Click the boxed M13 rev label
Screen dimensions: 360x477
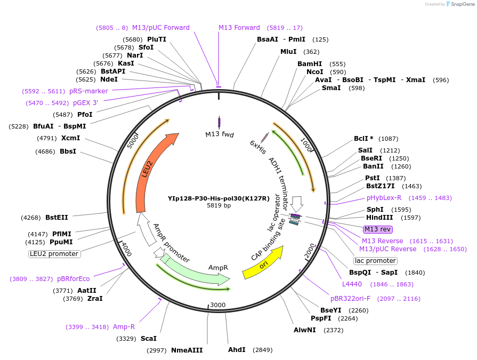pos(377,229)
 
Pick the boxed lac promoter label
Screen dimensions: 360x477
pos(376,261)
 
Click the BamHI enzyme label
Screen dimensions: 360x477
pos(310,63)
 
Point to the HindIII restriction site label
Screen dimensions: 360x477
pos(379,218)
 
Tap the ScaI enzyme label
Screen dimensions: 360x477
pos(149,338)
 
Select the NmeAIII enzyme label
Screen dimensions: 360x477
pos(187,350)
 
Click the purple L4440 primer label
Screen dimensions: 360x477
pos(352,284)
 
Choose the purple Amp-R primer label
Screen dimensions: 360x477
pos(124,327)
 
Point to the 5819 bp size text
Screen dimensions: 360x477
pos(219,206)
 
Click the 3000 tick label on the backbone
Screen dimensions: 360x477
pos(218,305)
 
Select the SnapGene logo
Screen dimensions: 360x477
pos(460,4)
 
